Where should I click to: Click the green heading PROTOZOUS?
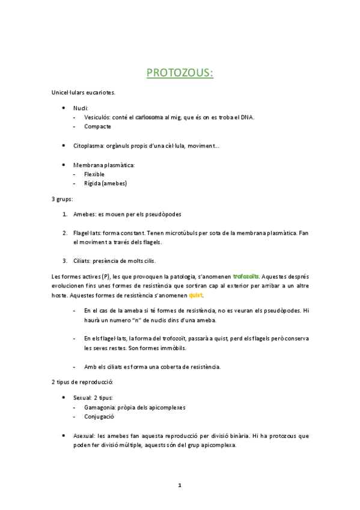pyautogui.click(x=180, y=73)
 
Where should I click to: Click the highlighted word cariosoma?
pyautogui.click(x=149, y=117)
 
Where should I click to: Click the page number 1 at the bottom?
pyautogui.click(x=180, y=485)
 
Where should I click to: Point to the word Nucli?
pyautogui.click(x=81, y=108)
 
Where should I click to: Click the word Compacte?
pyautogui.click(x=97, y=127)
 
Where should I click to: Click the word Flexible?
pyautogui.click(x=94, y=174)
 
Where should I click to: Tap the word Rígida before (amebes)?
pyautogui.click(x=93, y=183)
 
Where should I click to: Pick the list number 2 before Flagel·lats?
pyautogui.click(x=65, y=233)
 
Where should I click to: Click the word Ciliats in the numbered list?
pyautogui.click(x=83, y=261)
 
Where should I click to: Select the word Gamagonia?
pyautogui.click(x=102, y=407)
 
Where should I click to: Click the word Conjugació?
pyautogui.click(x=99, y=416)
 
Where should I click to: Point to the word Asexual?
pyautogui.click(x=84, y=435)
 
